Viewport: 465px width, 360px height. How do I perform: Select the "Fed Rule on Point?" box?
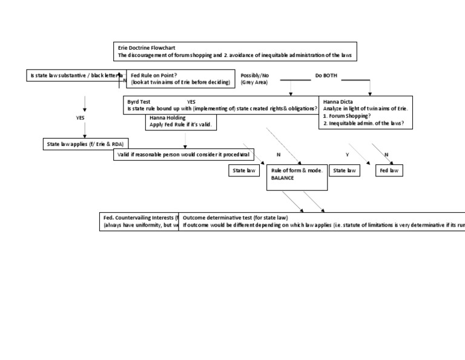[x=180, y=78]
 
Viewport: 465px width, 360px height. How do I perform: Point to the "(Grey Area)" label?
[x=254, y=82]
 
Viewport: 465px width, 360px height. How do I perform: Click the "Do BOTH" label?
[x=326, y=75]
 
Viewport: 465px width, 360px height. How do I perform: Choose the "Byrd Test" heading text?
[x=139, y=102]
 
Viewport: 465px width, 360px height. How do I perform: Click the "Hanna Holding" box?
[x=182, y=121]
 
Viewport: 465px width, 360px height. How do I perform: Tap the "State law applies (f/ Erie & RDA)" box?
[x=85, y=144]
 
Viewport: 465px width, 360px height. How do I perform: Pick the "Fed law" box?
[x=389, y=171]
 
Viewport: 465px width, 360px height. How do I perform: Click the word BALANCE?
[x=283, y=178]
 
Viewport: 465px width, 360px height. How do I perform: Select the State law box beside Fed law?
[x=345, y=171]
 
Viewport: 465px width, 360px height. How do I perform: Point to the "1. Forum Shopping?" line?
[x=347, y=116]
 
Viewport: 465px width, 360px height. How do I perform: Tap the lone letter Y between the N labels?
[x=347, y=155]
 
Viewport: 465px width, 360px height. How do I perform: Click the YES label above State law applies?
[x=80, y=118]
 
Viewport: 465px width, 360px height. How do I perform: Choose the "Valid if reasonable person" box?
[x=183, y=155]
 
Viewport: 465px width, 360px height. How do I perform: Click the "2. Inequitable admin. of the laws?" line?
[x=364, y=123]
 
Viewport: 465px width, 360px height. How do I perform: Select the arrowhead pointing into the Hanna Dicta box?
[x=370, y=94]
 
